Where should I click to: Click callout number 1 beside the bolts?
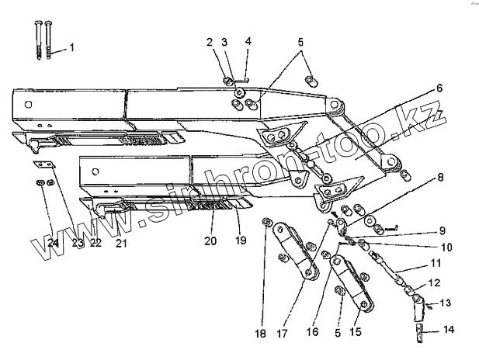(x=71, y=48)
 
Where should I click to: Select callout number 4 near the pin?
(x=248, y=41)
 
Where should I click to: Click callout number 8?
(x=440, y=177)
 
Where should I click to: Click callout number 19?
(x=240, y=241)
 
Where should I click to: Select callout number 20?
(x=210, y=241)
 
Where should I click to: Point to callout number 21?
(x=121, y=244)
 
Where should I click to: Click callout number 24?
(x=53, y=242)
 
